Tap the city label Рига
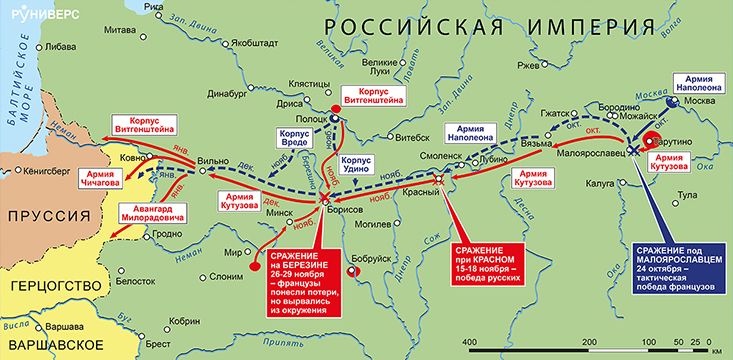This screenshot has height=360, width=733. tap(153, 9)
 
